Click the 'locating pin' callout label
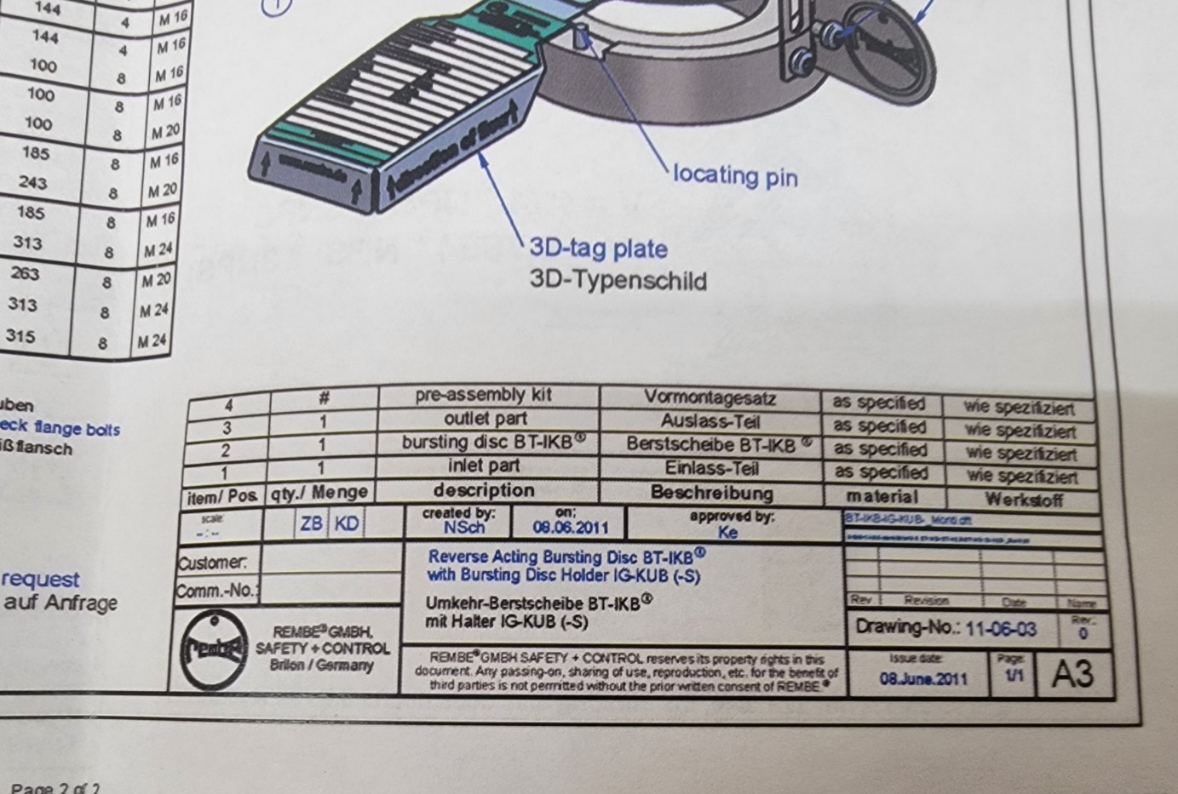pos(735,175)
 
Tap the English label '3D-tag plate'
pos(598,248)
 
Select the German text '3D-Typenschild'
pos(618,279)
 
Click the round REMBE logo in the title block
pos(213,649)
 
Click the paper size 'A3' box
pos(1072,674)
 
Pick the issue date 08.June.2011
pos(922,678)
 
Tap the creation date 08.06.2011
pos(571,527)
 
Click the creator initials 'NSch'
pos(463,528)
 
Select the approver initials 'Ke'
pos(727,532)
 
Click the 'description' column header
pos(484,490)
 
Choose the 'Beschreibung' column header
pos(711,493)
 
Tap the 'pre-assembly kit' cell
pos(483,395)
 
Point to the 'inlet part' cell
pos(483,466)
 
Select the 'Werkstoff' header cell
pos(1023,500)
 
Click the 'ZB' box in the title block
pos(311,523)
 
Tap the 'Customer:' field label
pos(213,562)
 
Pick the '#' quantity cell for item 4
pos(324,397)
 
